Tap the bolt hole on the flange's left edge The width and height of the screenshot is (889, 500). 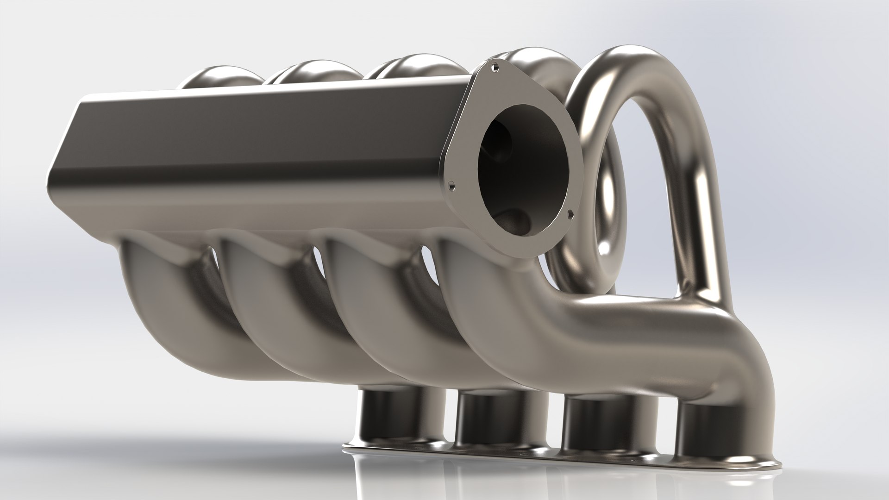click(452, 187)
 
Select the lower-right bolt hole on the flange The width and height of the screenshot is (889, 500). click(570, 213)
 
